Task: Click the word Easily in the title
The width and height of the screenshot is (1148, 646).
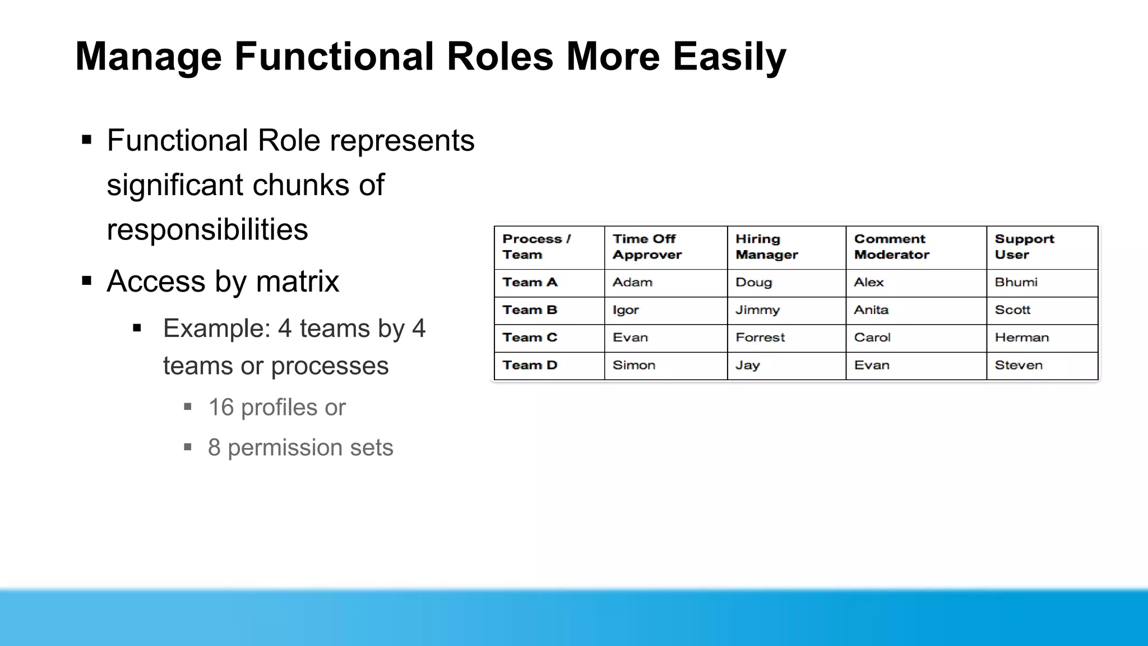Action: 729,57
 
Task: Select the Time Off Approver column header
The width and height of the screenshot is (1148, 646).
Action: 647,247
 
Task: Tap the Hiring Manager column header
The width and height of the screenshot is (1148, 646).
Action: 766,247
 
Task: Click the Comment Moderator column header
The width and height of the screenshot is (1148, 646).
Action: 891,247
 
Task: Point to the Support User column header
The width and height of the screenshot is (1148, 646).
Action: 1024,247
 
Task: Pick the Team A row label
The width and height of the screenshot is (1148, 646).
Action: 530,283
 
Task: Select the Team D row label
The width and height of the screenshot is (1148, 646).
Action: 530,365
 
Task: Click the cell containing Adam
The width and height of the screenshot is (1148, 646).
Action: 632,283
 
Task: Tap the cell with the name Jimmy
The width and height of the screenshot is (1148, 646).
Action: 757,310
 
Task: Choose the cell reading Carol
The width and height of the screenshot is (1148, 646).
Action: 872,338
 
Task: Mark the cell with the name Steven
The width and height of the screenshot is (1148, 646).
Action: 1019,365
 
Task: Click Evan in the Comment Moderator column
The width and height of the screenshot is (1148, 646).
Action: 872,365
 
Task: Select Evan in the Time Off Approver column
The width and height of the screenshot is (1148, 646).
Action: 630,338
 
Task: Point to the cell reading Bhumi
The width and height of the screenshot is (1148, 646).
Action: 1016,283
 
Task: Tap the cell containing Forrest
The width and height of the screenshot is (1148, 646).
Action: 760,338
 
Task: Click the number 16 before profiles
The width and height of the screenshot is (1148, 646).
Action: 221,408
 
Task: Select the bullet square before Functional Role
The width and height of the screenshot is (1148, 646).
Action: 86,140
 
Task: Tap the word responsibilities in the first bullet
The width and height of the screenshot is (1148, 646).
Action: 207,230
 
